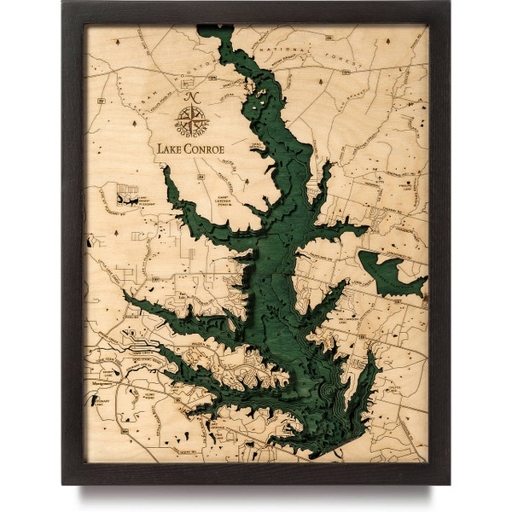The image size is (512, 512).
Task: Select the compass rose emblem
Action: pos(189,115)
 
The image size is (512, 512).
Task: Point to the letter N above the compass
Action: pos(189,96)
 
